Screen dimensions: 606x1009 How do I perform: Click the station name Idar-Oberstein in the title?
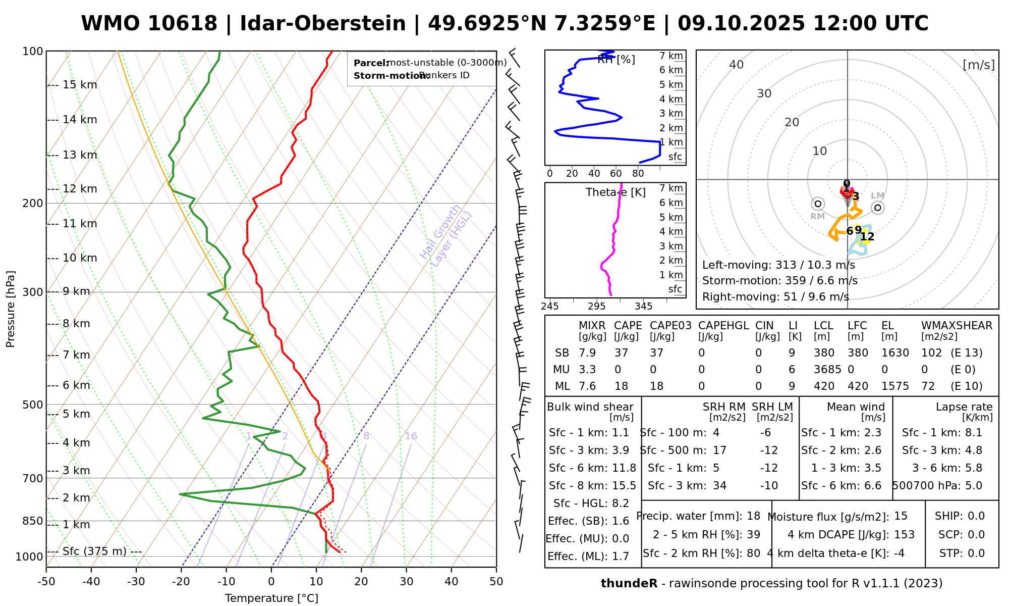pos(323,24)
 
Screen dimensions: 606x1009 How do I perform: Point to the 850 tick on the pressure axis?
pos(33,521)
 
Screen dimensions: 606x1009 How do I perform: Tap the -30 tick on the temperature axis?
pos(136,582)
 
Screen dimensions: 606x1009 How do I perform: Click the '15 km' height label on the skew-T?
pos(80,85)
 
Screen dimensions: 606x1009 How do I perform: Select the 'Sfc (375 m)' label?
pos(94,551)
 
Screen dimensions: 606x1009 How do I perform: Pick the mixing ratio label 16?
pos(411,436)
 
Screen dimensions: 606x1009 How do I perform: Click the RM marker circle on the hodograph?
pos(818,204)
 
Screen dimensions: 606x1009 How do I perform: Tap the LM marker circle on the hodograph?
pos(878,208)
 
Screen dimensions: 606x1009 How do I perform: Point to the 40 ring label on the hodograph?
pos(737,65)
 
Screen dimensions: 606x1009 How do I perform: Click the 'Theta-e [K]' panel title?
pos(615,192)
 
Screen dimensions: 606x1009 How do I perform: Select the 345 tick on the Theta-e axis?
pos(643,307)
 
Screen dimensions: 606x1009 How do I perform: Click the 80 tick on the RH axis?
pos(638,174)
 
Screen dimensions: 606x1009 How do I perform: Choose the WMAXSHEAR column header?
pos(957,326)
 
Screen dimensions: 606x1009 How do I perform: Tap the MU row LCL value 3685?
pos(827,370)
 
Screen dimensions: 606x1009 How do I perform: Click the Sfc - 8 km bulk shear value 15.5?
pos(624,486)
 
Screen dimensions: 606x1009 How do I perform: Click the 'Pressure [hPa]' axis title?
pos(11,309)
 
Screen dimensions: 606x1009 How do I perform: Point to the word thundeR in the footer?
pos(629,584)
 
